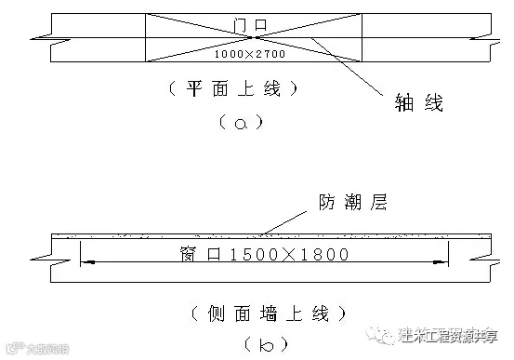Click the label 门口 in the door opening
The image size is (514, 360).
(253, 20)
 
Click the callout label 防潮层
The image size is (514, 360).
(346, 200)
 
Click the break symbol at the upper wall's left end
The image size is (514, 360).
(41, 37)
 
